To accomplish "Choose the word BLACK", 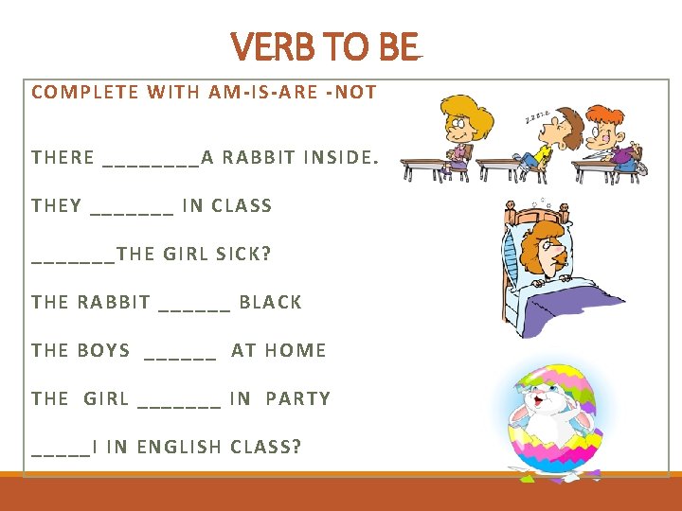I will [x=270, y=302].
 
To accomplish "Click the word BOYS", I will [x=104, y=350].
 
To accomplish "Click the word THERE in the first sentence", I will [x=63, y=157].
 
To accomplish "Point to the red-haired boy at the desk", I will [x=611, y=137].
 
